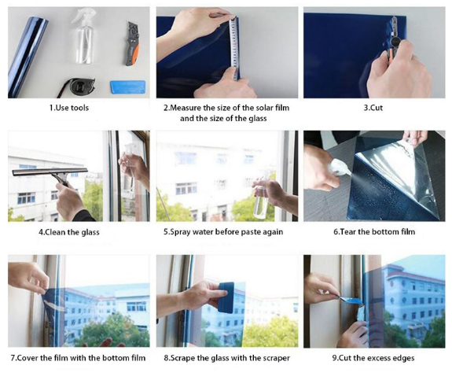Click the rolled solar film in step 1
(28, 57)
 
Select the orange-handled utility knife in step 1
(132, 43)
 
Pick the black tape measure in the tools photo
(77, 87)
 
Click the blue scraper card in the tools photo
(127, 87)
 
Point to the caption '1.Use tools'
(69, 108)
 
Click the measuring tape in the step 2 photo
(235, 48)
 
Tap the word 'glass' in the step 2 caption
(255, 119)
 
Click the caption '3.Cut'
(373, 108)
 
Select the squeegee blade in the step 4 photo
(50, 172)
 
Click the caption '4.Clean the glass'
(69, 232)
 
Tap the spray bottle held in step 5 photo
(262, 199)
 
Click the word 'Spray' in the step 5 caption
(181, 232)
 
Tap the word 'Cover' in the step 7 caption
(28, 358)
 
